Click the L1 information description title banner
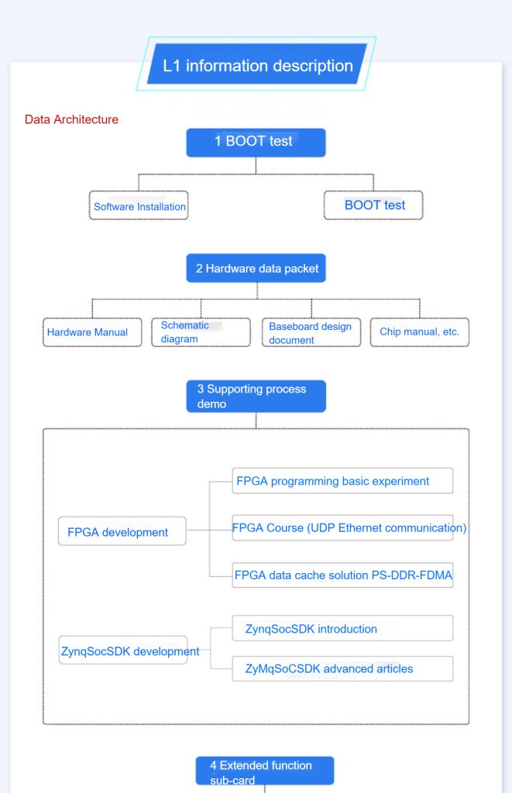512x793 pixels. (x=256, y=64)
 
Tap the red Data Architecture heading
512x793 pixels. (x=71, y=119)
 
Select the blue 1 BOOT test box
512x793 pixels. (x=256, y=142)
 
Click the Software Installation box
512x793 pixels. (x=139, y=205)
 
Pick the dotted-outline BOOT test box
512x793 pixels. (x=373, y=205)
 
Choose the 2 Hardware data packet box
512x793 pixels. (x=256, y=268)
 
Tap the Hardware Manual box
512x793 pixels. (x=93, y=332)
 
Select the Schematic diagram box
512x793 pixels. (x=201, y=332)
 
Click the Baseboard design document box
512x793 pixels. (x=311, y=332)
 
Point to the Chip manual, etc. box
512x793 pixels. (x=420, y=332)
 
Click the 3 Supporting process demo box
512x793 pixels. (x=256, y=396)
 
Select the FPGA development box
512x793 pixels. (x=122, y=531)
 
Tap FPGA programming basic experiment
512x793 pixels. (x=342, y=480)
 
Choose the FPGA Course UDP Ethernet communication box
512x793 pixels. (x=342, y=528)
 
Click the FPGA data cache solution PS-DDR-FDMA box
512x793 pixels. (x=342, y=575)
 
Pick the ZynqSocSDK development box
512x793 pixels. (x=123, y=651)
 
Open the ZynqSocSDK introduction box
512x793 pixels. (x=342, y=628)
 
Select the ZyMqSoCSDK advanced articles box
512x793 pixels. (x=342, y=668)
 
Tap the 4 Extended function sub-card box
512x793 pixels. (x=265, y=771)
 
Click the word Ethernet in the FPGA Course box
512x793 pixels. (x=360, y=528)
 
